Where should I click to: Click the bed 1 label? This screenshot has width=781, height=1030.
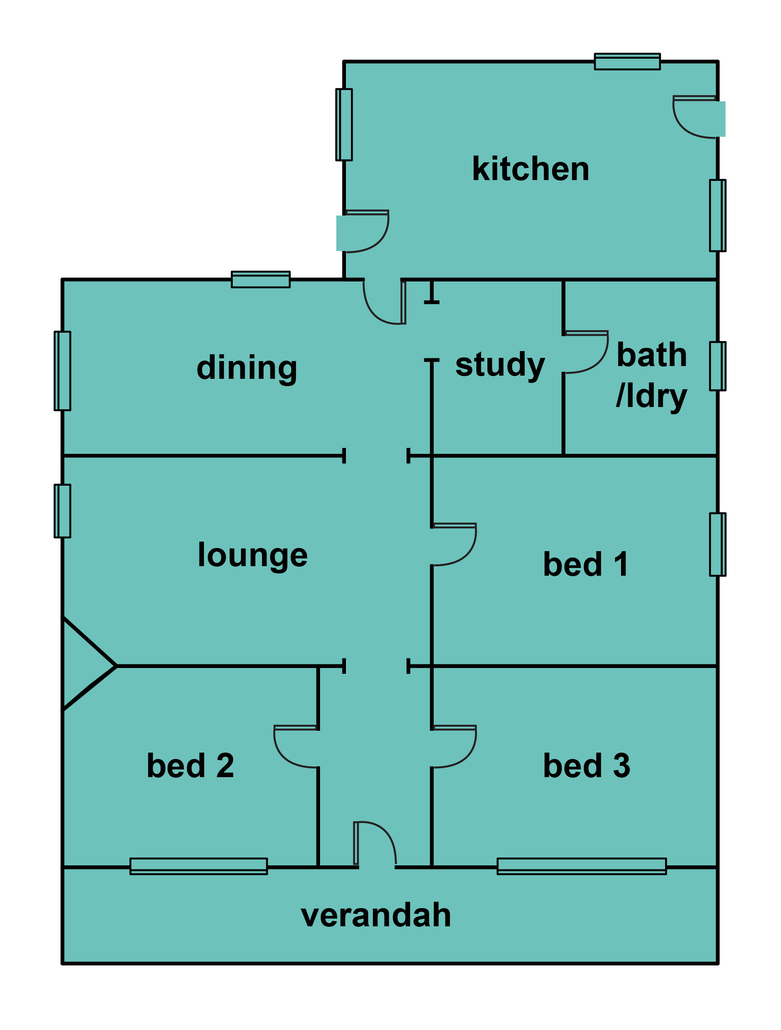(x=586, y=564)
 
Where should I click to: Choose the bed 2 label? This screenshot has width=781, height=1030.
(x=190, y=765)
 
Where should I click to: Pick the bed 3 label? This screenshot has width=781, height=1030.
(x=586, y=765)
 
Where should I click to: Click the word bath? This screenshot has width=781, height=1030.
(x=651, y=355)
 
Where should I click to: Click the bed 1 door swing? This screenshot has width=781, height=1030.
(x=454, y=544)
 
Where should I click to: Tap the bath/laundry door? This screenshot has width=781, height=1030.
(x=586, y=352)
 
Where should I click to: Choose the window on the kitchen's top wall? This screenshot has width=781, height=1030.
(x=627, y=61)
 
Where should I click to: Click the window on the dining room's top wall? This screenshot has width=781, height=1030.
(x=260, y=279)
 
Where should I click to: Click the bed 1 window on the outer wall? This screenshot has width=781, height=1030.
(x=717, y=544)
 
